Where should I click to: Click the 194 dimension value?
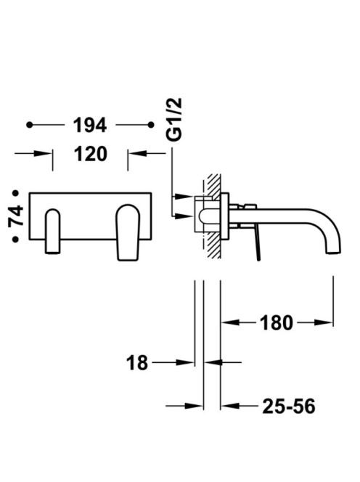[90, 125]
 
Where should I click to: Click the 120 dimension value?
[91, 154]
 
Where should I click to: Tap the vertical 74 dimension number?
[16, 216]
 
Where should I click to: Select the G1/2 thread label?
[174, 120]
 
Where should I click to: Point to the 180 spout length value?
[277, 323]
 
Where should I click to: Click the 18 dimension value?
[137, 363]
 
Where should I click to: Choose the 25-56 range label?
[289, 406]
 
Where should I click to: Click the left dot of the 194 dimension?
[29, 125]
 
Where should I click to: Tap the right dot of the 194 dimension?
[151, 125]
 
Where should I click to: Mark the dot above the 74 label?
[15, 193]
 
